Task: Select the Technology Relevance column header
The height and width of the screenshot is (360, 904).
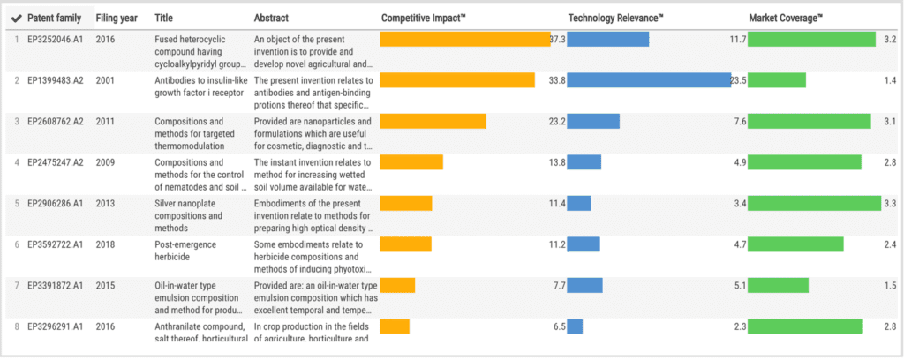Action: tap(615, 18)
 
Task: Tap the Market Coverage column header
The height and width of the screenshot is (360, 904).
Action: tap(786, 18)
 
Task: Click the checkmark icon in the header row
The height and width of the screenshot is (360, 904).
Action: tap(16, 18)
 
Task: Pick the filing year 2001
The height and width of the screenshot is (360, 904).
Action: tap(105, 80)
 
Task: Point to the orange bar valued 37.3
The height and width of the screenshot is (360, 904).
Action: tap(464, 40)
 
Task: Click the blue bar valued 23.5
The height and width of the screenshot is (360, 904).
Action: tap(649, 80)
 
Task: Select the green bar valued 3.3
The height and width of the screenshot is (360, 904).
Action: tap(814, 203)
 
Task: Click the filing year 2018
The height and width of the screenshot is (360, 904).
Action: tap(105, 244)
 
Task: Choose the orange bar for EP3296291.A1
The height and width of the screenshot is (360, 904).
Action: tap(395, 326)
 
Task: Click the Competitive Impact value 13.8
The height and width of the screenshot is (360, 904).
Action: tap(556, 162)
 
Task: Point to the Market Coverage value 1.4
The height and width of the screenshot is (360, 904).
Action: tap(890, 80)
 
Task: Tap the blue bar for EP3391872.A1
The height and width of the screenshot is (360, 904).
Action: tap(584, 285)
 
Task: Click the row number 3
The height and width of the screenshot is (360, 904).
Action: tap(16, 121)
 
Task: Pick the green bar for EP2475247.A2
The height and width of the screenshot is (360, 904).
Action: tap(804, 162)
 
